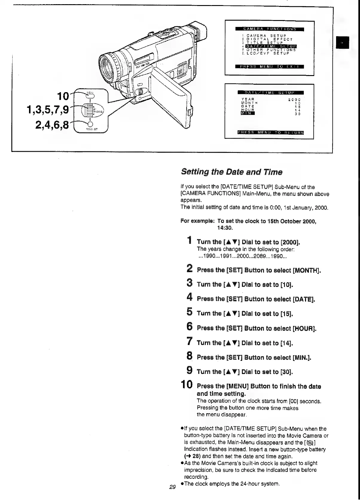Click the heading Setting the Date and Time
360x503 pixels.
[231, 172]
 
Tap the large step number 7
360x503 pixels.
[189, 341]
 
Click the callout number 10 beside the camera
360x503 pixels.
[63, 96]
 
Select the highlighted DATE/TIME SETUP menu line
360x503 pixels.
[271, 46]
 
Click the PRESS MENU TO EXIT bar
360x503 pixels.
[269, 66]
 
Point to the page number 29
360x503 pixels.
[172, 487]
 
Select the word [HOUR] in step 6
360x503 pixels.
[304, 329]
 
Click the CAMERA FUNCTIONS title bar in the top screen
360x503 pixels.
[269, 29]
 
